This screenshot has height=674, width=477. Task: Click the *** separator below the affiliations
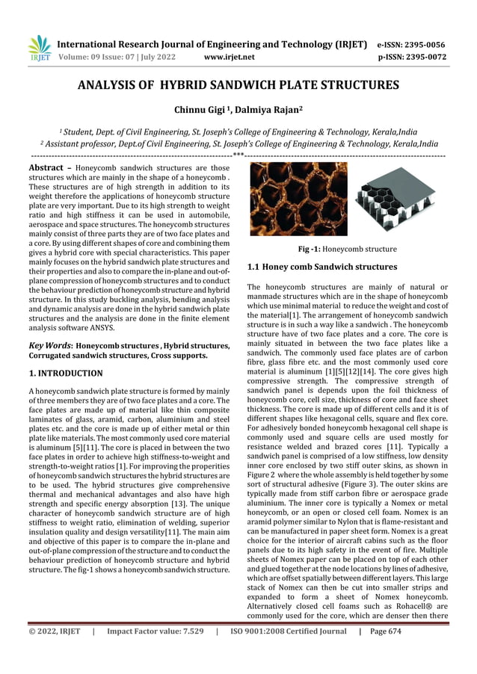coord(238,155)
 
